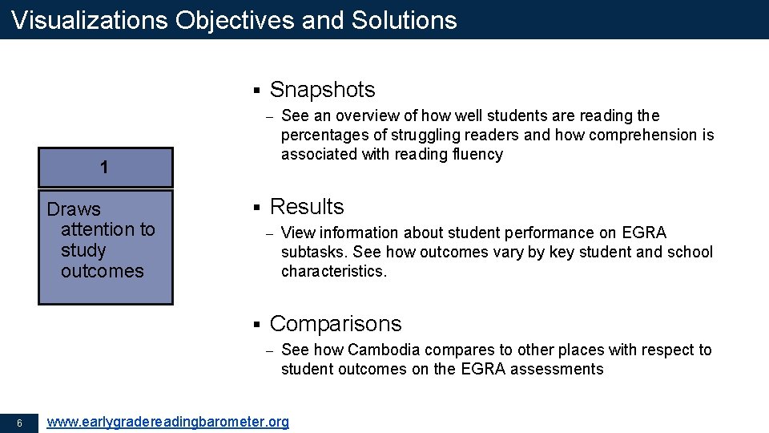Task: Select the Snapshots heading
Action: click(x=322, y=90)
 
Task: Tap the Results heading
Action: click(x=307, y=207)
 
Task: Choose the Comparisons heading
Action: click(x=336, y=324)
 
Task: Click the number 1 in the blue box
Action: click(x=105, y=168)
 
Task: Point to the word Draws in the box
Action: click(x=74, y=209)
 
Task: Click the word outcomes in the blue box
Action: click(x=102, y=271)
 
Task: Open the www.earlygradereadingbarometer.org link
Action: click(x=168, y=422)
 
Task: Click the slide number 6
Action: click(x=18, y=423)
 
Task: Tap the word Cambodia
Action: click(x=384, y=350)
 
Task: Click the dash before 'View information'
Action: click(x=270, y=233)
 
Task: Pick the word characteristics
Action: click(x=333, y=271)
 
